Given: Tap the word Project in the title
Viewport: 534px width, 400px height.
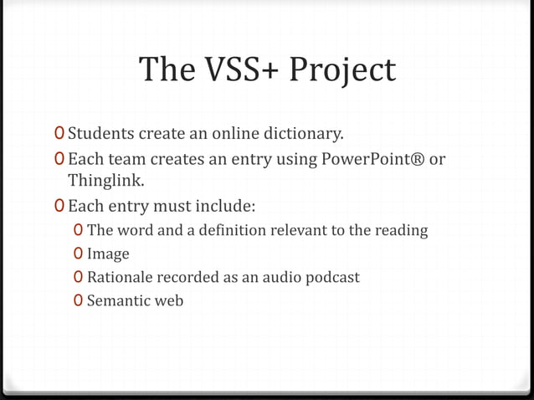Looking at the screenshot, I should click(342, 71).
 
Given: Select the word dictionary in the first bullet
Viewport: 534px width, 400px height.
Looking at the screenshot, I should click(301, 133).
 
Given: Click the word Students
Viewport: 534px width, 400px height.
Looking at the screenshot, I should click(101, 133).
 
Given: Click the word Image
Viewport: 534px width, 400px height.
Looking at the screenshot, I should click(108, 254).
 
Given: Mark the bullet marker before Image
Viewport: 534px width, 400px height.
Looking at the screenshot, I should click(78, 254).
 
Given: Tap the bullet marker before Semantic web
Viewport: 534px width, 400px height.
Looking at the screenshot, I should click(78, 300).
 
